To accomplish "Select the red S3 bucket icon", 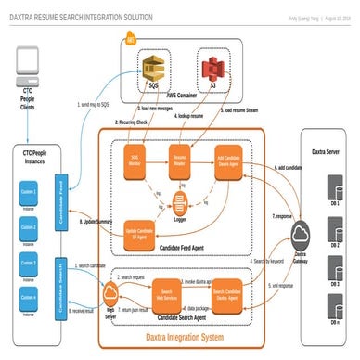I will click(x=214, y=69).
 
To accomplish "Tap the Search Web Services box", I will click(x=168, y=291).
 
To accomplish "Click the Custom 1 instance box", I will click(x=30, y=193).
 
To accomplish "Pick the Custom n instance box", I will click(x=30, y=296).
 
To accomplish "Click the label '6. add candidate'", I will click(x=287, y=168).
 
